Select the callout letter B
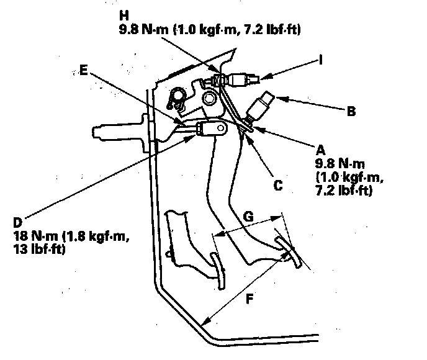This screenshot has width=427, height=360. coord(351,112)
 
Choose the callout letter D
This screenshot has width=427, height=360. coord(16,222)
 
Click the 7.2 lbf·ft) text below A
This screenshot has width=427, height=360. coord(343,192)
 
